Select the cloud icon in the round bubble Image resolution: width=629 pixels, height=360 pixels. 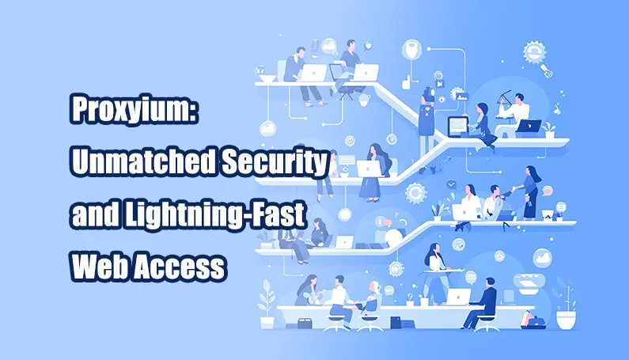point(542,256)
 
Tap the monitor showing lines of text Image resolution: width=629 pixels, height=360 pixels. point(458,125)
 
